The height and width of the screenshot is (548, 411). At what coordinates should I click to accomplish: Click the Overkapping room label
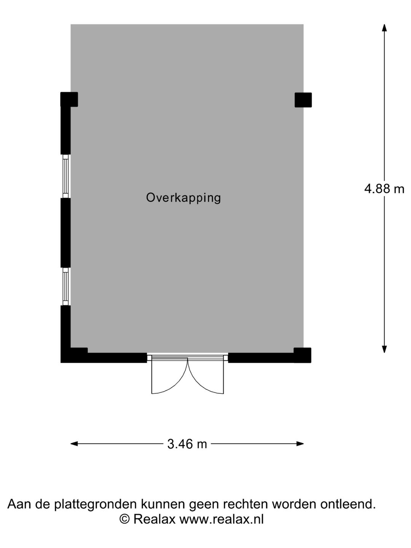(183, 198)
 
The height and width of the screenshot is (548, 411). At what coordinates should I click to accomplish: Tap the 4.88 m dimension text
(384, 189)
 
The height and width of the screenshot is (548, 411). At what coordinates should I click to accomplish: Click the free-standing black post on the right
(303, 100)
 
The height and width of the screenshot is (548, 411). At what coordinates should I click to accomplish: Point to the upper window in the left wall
(65, 176)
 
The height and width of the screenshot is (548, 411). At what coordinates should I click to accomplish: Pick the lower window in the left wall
(65, 287)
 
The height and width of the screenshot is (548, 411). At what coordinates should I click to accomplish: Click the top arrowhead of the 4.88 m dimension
(384, 28)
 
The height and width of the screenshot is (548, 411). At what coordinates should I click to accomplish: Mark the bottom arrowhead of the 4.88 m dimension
(384, 349)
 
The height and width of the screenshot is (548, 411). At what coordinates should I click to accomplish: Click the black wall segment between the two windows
(65, 233)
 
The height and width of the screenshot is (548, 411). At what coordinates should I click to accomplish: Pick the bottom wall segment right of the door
(269, 357)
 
